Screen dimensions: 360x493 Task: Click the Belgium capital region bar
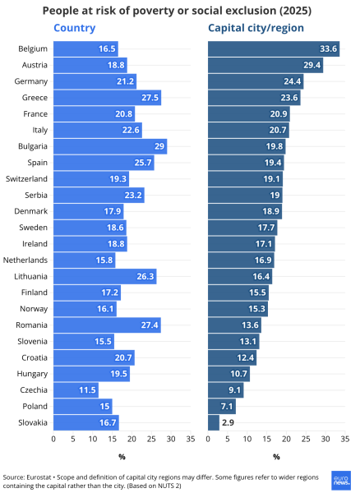(274, 48)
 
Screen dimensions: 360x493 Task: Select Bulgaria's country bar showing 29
(110, 146)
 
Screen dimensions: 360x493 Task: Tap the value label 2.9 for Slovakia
(228, 422)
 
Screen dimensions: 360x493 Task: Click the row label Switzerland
(26, 178)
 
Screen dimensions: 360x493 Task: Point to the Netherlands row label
(25, 260)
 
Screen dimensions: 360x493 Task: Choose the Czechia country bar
(76, 390)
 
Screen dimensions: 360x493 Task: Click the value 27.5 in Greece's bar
(150, 98)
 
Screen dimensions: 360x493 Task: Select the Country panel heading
(75, 28)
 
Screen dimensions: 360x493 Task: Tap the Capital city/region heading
(256, 28)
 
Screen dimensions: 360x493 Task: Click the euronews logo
(341, 480)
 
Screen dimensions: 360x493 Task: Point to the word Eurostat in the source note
(39, 477)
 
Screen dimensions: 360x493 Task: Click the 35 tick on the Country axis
(191, 439)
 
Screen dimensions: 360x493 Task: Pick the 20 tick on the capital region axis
(286, 439)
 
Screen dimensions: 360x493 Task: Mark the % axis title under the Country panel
(122, 457)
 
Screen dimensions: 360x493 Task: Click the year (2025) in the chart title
(295, 11)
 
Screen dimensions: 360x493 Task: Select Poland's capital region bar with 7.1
(222, 406)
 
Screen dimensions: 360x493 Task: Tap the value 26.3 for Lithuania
(145, 276)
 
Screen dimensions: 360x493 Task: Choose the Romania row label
(31, 325)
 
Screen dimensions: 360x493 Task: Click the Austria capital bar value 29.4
(312, 65)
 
